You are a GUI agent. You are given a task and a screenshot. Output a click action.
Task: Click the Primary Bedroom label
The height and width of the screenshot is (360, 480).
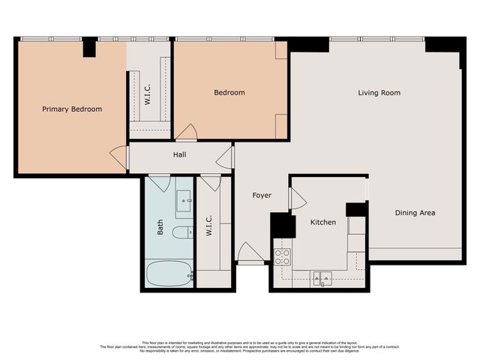[x=72, y=109]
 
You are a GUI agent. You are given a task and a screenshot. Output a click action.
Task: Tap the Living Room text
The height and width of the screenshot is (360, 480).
[x=379, y=93]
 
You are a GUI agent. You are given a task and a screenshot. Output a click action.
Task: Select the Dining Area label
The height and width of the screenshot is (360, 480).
[x=415, y=213]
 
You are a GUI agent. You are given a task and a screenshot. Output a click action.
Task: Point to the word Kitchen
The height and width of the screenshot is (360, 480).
[x=323, y=223]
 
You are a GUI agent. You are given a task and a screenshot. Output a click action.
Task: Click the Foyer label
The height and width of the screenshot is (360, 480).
[x=262, y=196]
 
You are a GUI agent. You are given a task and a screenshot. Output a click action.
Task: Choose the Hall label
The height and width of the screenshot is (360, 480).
[x=180, y=155]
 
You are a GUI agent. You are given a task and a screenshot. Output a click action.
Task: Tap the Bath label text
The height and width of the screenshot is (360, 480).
[x=160, y=227]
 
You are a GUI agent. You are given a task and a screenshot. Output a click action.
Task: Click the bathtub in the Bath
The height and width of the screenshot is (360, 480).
[x=169, y=273]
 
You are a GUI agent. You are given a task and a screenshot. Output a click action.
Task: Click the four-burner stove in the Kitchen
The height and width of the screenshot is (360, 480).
[x=283, y=257]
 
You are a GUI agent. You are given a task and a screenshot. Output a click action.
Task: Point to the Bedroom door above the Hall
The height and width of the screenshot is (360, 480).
[x=186, y=133]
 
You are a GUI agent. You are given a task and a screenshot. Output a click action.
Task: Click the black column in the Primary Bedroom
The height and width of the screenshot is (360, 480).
[x=90, y=46]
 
